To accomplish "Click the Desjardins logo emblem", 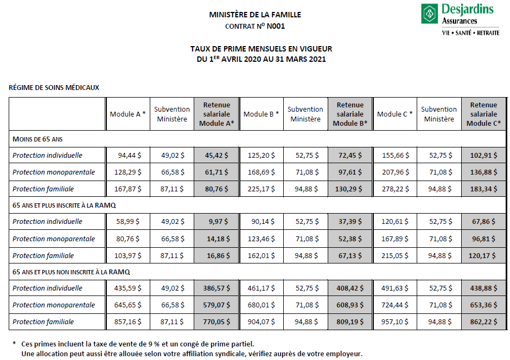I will pos(430,13).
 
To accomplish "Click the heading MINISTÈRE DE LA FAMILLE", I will pos(255,15).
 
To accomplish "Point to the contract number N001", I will pos(276,26).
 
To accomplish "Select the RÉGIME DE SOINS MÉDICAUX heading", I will pos(54,87).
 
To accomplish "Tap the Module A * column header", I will pos(127,114).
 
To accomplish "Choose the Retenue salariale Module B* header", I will pos(350,114).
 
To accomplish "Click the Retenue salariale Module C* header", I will pos(483,114).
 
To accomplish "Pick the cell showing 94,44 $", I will pos(130,155).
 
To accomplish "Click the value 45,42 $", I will pos(216,155).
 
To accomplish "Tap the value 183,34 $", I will pos(483,189).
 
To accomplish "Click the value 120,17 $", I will pos(483,255).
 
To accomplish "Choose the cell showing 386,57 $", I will pos(216,288).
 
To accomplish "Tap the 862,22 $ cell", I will pos(483,322).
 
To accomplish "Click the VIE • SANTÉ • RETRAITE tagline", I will pos(470,33).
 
